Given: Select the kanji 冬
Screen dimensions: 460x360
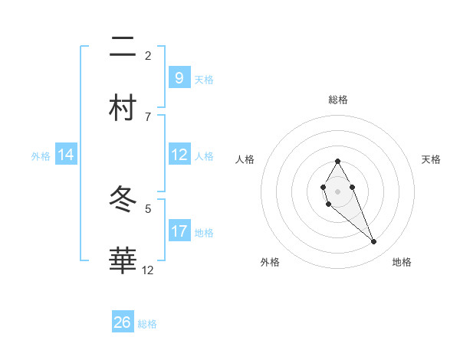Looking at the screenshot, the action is pyautogui.click(x=123, y=201).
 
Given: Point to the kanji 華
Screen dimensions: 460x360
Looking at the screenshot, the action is pyautogui.click(x=123, y=261).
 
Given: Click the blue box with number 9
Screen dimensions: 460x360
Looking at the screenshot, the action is pyautogui.click(x=179, y=77).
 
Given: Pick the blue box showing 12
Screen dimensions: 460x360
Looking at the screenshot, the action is pyautogui.click(x=179, y=155).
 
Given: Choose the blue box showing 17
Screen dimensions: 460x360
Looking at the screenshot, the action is pyautogui.click(x=179, y=231).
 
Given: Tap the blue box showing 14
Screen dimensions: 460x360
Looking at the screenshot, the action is pyautogui.click(x=66, y=155).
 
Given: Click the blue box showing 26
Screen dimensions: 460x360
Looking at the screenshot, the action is pyautogui.click(x=123, y=322).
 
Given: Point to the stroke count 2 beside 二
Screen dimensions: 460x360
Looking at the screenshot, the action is pyautogui.click(x=148, y=55).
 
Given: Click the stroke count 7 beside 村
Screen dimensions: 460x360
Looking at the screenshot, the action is pyautogui.click(x=148, y=116).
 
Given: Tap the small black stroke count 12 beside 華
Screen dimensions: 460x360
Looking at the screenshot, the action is pyautogui.click(x=148, y=270).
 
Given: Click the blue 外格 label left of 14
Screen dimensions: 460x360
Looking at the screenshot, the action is pyautogui.click(x=41, y=155).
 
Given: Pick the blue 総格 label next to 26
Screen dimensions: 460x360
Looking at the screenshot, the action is pyautogui.click(x=147, y=324).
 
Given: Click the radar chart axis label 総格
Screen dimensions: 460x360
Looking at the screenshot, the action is pyautogui.click(x=338, y=100).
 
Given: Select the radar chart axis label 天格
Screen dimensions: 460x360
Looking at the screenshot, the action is pyautogui.click(x=432, y=159).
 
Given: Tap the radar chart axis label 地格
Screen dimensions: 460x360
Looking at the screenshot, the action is pyautogui.click(x=402, y=262).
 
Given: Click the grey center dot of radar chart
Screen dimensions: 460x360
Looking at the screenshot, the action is pyautogui.click(x=338, y=190).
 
